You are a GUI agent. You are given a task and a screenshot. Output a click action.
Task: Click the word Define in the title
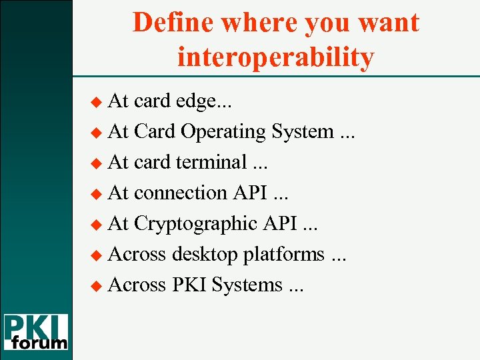[x=173, y=23]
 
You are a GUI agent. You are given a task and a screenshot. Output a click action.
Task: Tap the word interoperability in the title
[x=275, y=57]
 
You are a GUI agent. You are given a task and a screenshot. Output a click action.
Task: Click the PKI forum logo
[x=36, y=331]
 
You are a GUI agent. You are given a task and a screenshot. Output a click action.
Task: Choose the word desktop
[x=205, y=254]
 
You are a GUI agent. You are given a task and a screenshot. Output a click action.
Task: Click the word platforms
[x=284, y=254]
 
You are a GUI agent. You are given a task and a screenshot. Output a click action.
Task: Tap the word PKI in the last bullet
[x=190, y=285]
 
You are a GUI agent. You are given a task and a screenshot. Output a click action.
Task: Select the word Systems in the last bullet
[x=247, y=285]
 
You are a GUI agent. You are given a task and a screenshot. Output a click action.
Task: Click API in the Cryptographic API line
[x=281, y=223]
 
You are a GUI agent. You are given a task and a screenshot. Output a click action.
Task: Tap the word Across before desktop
[x=137, y=254]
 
